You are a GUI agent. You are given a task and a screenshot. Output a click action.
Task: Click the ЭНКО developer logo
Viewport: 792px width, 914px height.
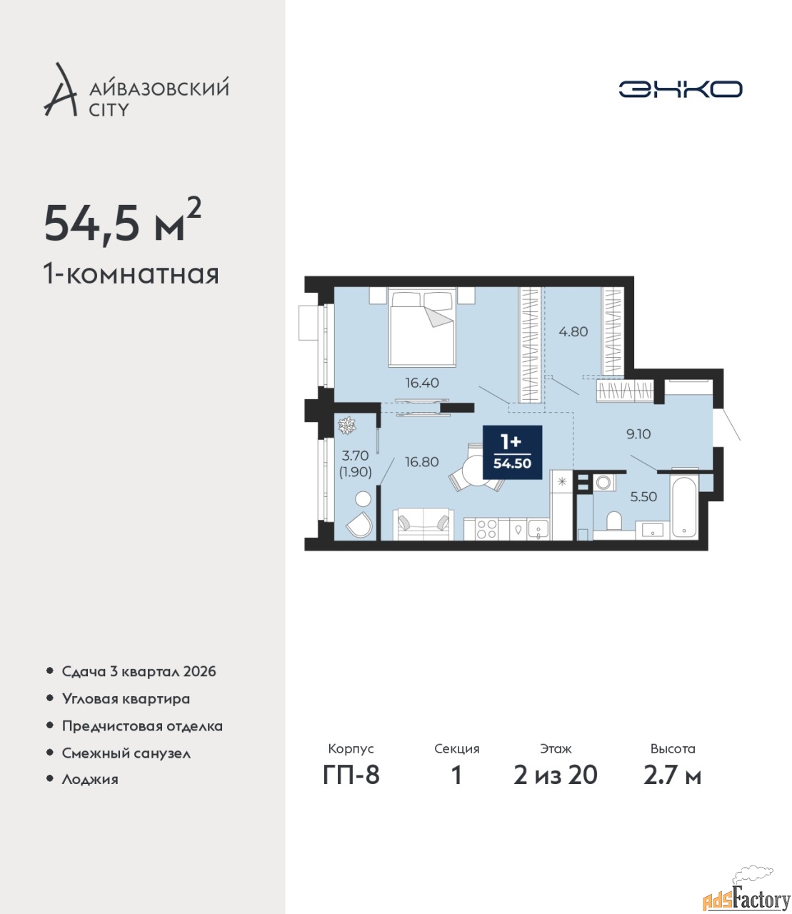point(680,89)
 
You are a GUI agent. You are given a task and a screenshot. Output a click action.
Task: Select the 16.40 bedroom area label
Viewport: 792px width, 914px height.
point(422,383)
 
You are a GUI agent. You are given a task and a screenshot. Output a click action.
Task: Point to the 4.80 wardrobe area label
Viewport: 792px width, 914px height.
point(573,331)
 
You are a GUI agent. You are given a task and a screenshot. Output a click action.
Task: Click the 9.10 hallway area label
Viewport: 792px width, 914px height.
point(638,433)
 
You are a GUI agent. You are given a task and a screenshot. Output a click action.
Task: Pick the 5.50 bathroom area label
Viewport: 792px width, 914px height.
point(643,496)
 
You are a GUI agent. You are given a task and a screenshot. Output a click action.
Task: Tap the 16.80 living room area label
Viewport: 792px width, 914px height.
point(422,462)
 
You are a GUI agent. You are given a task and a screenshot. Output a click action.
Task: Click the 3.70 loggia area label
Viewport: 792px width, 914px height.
point(355,455)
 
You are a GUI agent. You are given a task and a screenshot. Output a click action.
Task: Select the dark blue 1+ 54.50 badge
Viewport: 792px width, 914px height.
point(512,451)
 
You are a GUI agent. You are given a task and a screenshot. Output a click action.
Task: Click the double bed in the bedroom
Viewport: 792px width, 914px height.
point(422,327)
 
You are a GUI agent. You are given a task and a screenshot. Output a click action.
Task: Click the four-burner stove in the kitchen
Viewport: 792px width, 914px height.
point(486,528)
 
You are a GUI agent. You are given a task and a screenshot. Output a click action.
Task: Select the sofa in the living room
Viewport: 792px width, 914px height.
point(423,524)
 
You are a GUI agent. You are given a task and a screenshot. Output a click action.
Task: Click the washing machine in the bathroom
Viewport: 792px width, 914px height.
point(603,481)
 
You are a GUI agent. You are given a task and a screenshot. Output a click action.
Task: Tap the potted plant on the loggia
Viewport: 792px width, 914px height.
point(346,425)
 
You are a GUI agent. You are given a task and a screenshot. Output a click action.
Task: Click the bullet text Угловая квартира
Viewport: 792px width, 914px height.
point(126,698)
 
